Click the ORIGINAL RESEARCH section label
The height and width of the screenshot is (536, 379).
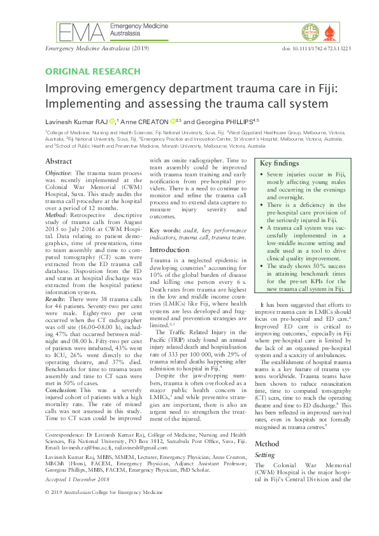coord(93,71)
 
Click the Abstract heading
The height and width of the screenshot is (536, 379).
coord(59,162)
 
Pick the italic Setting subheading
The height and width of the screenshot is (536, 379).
coord(265,455)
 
